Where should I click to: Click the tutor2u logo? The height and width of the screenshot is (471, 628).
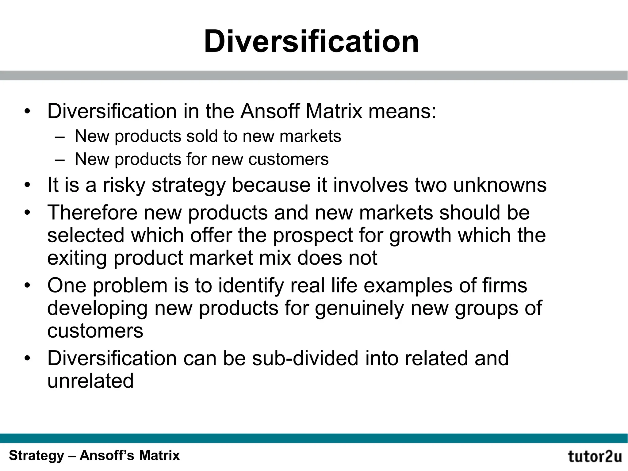pos(595,456)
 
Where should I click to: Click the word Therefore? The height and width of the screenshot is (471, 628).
pos(92,212)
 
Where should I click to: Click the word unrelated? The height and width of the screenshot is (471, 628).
pos(90,381)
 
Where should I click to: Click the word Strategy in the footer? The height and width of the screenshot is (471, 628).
pos(36,456)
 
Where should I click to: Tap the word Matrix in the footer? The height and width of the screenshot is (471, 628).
pos(159,455)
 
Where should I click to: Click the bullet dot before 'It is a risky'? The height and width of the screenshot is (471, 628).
pos(28,186)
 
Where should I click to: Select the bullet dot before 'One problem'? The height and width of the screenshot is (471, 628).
pos(28,286)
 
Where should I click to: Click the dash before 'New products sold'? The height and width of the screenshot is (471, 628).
pos(60,137)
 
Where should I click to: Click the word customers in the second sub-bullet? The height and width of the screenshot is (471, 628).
pos(288,159)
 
